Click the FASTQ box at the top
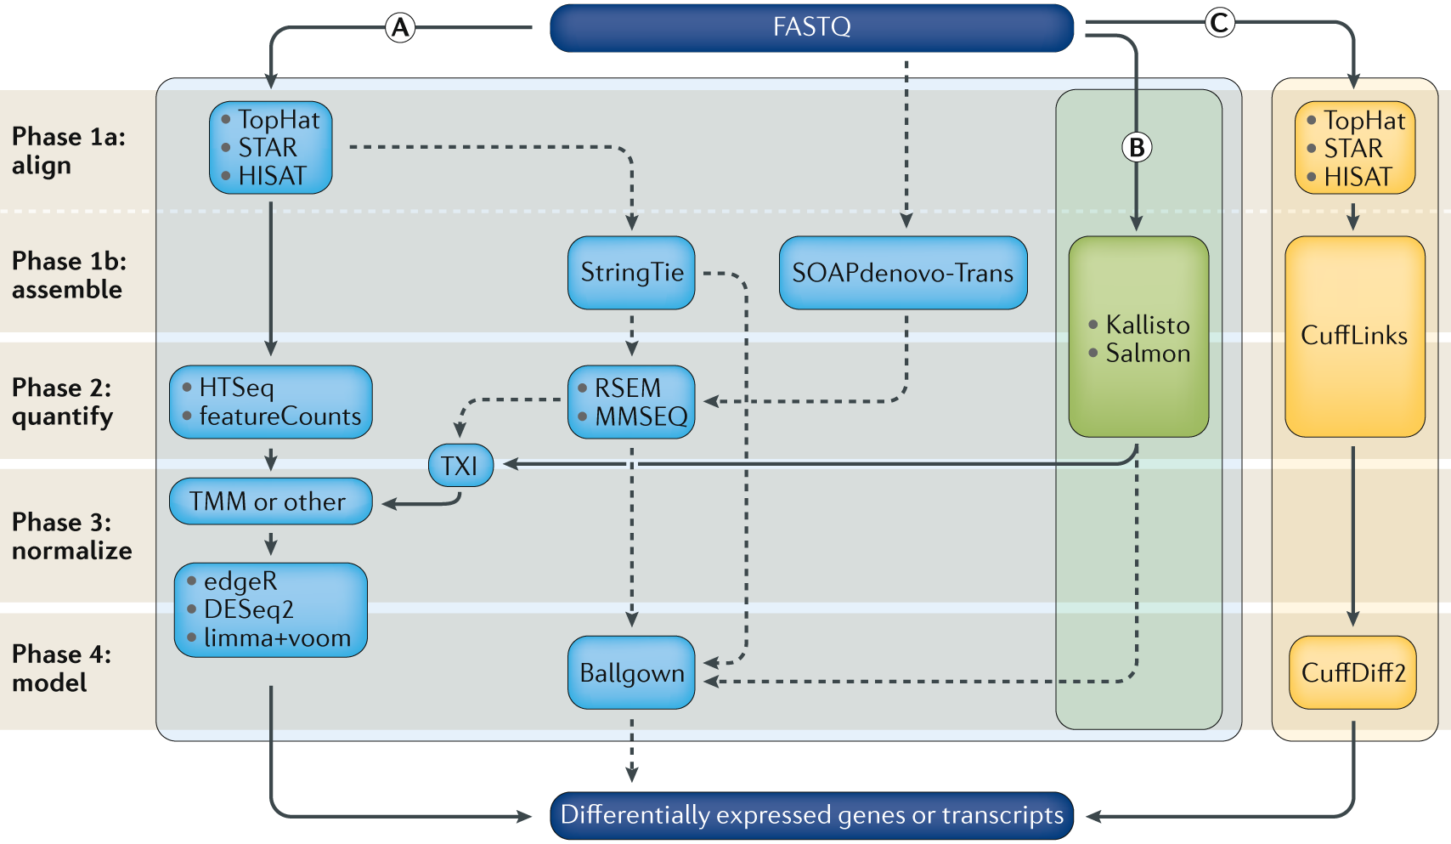pyautogui.click(x=811, y=28)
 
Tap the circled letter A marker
pyautogui.click(x=400, y=28)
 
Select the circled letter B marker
pyautogui.click(x=1137, y=148)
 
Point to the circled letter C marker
pyautogui.click(x=1220, y=23)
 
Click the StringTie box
pyautogui.click(x=631, y=272)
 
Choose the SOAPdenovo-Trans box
pyautogui.click(x=903, y=272)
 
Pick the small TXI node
pyautogui.click(x=460, y=466)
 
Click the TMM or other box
pyautogui.click(x=271, y=501)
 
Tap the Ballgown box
pyautogui.click(x=631, y=672)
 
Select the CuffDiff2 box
pyautogui.click(x=1352, y=672)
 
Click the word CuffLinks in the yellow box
pyautogui.click(x=1354, y=336)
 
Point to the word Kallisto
pyautogui.click(x=1148, y=325)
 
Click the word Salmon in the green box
pyautogui.click(x=1148, y=354)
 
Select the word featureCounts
pyautogui.click(x=279, y=416)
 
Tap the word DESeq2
pyautogui.click(x=249, y=609)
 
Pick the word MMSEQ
pyautogui.click(x=641, y=416)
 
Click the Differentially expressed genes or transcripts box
pyautogui.click(x=811, y=815)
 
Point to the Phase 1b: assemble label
pyautogui.click(x=70, y=275)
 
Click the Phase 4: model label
pyautogui.click(x=61, y=668)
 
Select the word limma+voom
pyautogui.click(x=277, y=638)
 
